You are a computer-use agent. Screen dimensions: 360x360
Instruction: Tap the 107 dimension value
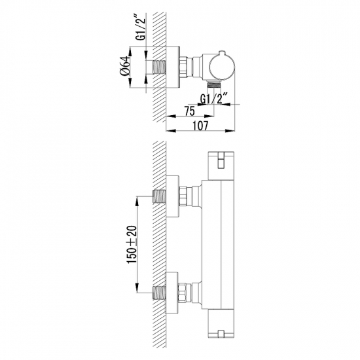pyautogui.click(x=200, y=126)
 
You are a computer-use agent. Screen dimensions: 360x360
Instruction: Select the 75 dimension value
pyautogui.click(x=190, y=111)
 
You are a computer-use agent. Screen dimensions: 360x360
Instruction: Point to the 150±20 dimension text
pyautogui.click(x=132, y=245)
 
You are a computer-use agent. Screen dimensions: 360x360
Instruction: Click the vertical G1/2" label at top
pyautogui.click(x=140, y=27)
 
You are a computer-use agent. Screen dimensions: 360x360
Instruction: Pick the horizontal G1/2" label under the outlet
pyautogui.click(x=214, y=98)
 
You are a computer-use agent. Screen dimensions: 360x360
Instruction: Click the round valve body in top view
pyautogui.click(x=222, y=67)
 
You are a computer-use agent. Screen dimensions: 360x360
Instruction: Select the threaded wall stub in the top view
pyautogui.click(x=160, y=67)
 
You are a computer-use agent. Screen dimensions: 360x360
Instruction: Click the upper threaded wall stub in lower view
pyautogui.click(x=160, y=196)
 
